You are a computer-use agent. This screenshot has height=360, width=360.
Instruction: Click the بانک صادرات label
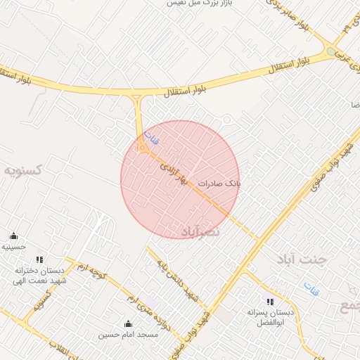[219, 183]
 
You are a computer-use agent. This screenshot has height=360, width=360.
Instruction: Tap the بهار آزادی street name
[175, 173]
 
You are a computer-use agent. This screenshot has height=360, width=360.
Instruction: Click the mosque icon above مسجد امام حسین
[128, 324]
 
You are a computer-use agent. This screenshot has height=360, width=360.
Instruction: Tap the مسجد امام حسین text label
[128, 335]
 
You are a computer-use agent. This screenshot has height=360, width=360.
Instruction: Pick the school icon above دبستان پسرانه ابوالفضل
[270, 302]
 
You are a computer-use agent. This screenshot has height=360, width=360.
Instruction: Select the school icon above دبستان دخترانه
[39, 259]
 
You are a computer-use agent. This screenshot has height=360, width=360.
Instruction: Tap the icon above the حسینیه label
[13, 236]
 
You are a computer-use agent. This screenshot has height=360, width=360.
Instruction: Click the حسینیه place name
[13, 247]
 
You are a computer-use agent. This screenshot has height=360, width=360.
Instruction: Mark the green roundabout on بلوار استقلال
[331, 51]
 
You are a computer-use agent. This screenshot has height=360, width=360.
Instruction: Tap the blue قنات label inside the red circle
[151, 138]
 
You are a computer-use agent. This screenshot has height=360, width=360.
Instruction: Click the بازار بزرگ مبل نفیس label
[199, 4]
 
